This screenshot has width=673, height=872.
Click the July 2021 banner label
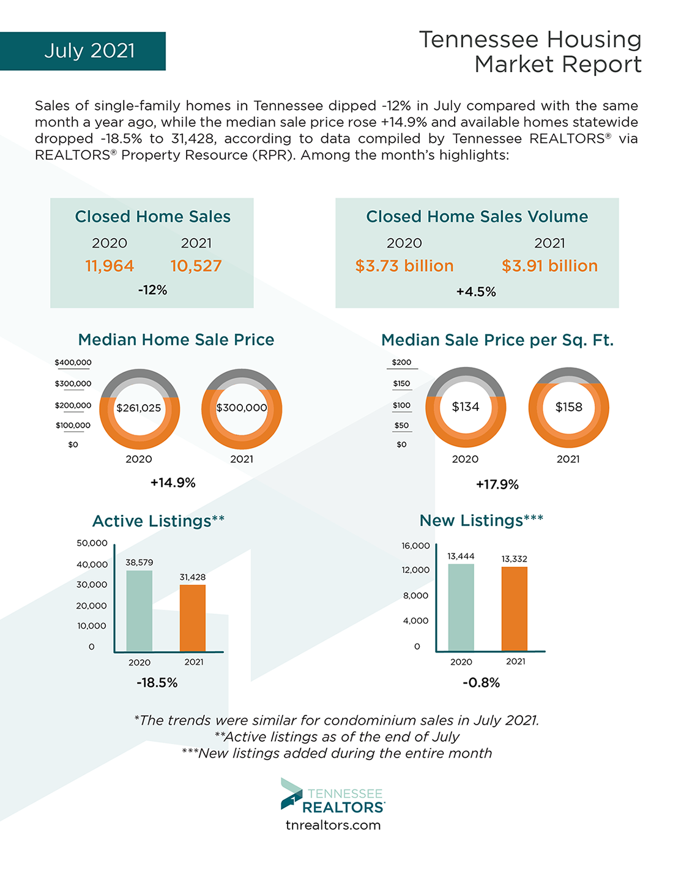coord(89,51)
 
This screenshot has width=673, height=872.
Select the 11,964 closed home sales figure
coord(110,266)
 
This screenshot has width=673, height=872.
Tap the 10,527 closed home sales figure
coord(196,266)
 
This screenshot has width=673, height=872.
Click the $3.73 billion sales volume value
coord(404,266)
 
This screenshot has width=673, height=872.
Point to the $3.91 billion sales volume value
coord(549,266)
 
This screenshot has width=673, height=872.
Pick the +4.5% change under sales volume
coord(476,292)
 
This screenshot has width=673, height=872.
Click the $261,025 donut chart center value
coord(139,408)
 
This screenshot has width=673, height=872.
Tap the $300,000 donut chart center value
coord(242,408)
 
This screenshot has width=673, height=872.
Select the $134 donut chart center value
coord(466,407)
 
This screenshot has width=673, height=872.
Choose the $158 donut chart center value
coord(568,407)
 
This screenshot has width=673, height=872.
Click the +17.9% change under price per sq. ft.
coord(497,484)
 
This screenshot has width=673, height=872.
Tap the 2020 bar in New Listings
coord(461,607)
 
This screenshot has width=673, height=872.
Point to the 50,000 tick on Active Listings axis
coord(92,543)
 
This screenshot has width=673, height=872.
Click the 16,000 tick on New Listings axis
coord(415,545)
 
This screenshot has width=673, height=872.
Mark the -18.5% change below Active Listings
coord(157,682)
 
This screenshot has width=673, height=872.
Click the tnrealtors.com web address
coord(333,825)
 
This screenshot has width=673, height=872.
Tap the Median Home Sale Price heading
coord(176,339)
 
